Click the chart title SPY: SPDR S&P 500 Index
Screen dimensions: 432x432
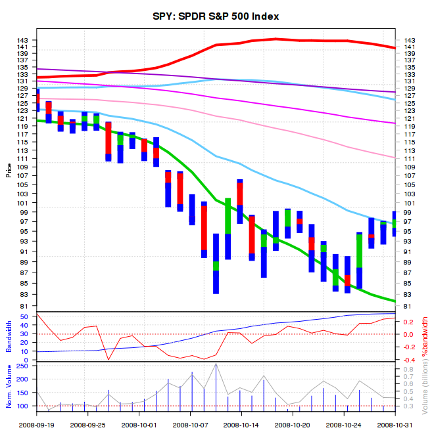coord(216,16)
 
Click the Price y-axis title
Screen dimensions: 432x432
coord(9,171)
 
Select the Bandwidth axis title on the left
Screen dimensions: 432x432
coord(9,336)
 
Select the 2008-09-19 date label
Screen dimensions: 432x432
coord(37,425)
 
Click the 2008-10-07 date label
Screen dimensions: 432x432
coord(190,425)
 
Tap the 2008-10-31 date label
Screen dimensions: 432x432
coord(395,425)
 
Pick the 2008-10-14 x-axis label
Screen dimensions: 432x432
coord(241,425)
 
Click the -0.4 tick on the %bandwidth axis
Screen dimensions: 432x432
coord(409,360)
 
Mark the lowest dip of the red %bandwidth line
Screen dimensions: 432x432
coord(108,360)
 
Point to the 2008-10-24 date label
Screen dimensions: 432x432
coord(344,425)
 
